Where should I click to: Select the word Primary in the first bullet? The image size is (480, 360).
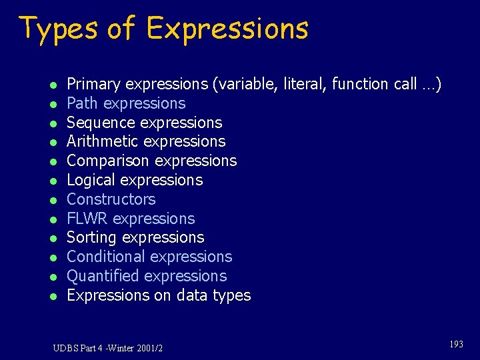[94, 84]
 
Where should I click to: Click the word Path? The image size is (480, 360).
[83, 103]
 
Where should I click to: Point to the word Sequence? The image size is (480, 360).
[97, 123]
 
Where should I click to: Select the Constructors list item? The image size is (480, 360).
[111, 199]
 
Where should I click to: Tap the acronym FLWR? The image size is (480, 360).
[87, 219]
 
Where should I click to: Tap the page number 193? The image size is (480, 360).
[456, 345]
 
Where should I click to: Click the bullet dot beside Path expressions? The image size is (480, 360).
[52, 104]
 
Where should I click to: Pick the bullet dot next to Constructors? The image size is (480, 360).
[52, 200]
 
